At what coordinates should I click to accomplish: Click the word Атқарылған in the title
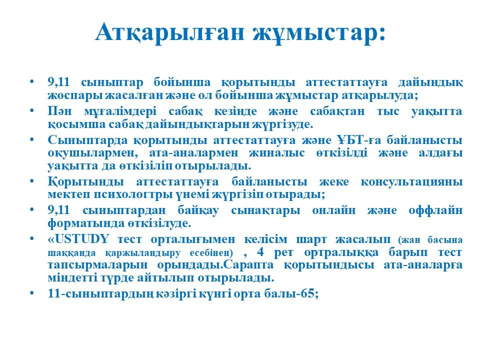(170, 32)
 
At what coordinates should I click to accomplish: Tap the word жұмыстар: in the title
(319, 32)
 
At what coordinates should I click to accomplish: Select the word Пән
(59, 111)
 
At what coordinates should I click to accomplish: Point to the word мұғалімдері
(120, 111)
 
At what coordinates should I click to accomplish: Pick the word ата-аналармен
(193, 153)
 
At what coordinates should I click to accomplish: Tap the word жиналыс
(276, 153)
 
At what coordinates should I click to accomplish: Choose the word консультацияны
(411, 182)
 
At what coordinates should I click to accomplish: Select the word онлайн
(334, 210)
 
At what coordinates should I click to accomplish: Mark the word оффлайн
(435, 210)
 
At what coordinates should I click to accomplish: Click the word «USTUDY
(78, 239)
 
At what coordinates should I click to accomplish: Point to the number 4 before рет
(260, 252)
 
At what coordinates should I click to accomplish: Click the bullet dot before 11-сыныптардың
(32, 293)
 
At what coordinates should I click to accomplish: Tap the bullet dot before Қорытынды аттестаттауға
(32, 181)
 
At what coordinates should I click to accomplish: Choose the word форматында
(86, 224)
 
